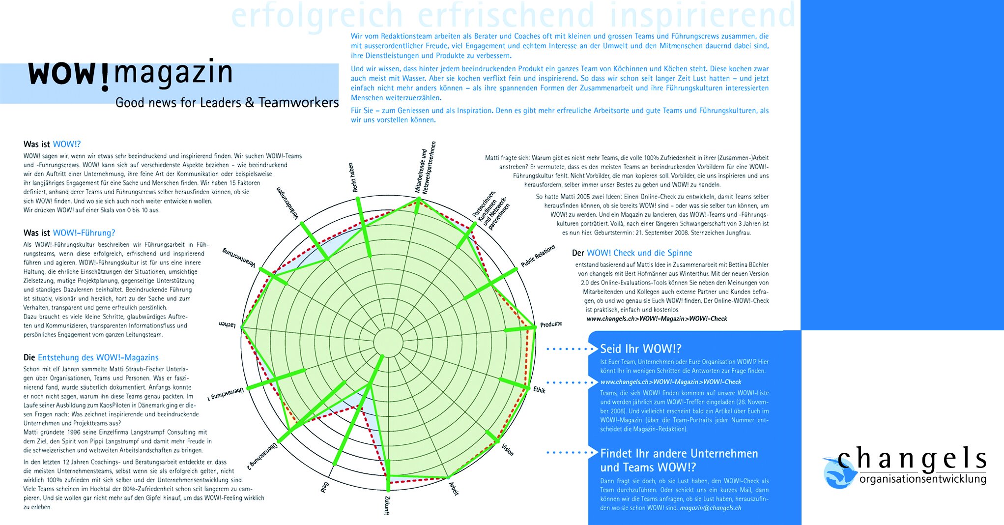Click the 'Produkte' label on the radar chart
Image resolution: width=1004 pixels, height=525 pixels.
point(551,324)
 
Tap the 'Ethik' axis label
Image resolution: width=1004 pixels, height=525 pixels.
point(540,390)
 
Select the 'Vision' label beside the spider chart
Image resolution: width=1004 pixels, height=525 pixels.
point(508,449)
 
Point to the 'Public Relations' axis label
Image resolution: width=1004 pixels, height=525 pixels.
point(538,256)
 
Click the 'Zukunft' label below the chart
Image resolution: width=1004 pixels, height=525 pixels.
point(387,505)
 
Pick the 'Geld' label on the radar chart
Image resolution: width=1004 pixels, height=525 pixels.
point(325,487)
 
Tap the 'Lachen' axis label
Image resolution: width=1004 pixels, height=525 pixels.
point(228,324)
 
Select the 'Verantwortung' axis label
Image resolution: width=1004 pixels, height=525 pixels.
point(239,258)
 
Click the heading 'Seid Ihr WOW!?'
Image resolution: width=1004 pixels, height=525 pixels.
point(640,349)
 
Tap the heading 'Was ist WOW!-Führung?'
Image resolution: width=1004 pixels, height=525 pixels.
point(69,233)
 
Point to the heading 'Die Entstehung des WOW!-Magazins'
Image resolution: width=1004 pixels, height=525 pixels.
point(91,357)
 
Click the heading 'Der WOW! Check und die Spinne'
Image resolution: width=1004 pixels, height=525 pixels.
point(632,253)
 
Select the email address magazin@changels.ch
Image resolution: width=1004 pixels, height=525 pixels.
point(710,508)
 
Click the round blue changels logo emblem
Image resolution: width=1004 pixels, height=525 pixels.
point(837,473)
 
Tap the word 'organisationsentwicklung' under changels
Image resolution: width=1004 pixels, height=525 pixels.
point(922,479)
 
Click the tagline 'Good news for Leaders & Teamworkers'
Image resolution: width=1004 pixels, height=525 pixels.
point(227,103)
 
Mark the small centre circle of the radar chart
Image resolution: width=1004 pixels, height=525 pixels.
point(388,342)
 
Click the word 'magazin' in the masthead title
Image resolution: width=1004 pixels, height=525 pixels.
point(173,73)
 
